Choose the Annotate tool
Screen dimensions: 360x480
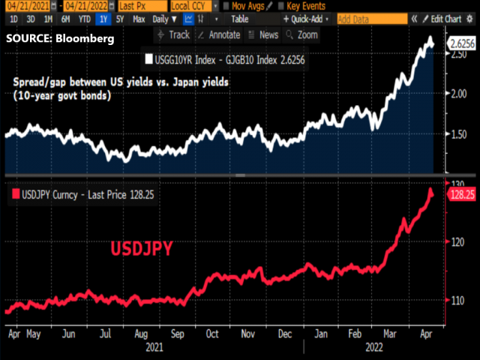pyautogui.click(x=218, y=34)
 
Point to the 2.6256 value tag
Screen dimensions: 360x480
pyautogui.click(x=460, y=43)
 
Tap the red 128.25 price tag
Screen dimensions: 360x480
pyautogui.click(x=460, y=194)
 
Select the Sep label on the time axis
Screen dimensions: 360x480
pyautogui.click(x=177, y=334)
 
